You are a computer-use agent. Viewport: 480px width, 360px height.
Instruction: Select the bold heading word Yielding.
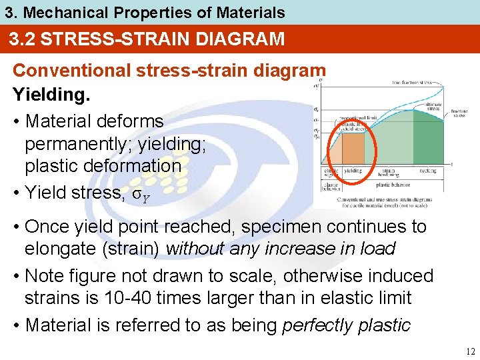(x=51, y=94)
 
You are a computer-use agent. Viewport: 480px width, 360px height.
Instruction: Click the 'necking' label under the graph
(x=427, y=171)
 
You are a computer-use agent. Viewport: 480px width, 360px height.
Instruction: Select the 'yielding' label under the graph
(x=353, y=171)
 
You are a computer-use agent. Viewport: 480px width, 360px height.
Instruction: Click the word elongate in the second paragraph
(x=60, y=249)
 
